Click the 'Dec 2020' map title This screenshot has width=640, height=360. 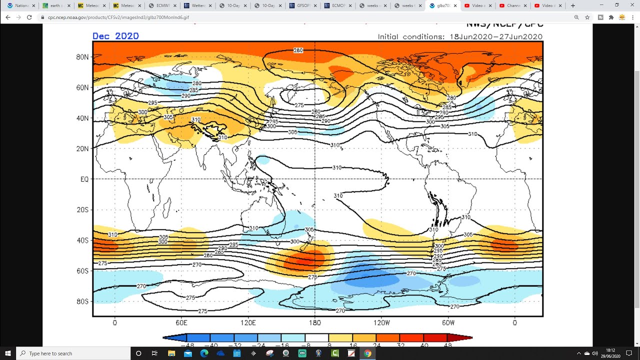115,36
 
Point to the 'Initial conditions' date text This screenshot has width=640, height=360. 459,36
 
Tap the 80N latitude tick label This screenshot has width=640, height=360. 82,57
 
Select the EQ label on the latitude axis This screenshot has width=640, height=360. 84,179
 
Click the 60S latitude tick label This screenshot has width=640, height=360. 82,271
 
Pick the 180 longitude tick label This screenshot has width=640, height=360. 315,323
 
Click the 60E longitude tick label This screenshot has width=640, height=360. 181,323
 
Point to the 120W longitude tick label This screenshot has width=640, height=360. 381,323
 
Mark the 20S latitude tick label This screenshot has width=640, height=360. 82,209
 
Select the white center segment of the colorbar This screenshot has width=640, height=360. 317,338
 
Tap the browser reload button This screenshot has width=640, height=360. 29,17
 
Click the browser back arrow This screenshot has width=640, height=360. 7,17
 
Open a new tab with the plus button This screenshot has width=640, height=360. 572,5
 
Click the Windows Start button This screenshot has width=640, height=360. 8,353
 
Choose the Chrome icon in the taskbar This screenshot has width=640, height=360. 367,353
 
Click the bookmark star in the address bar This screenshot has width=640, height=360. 587,17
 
